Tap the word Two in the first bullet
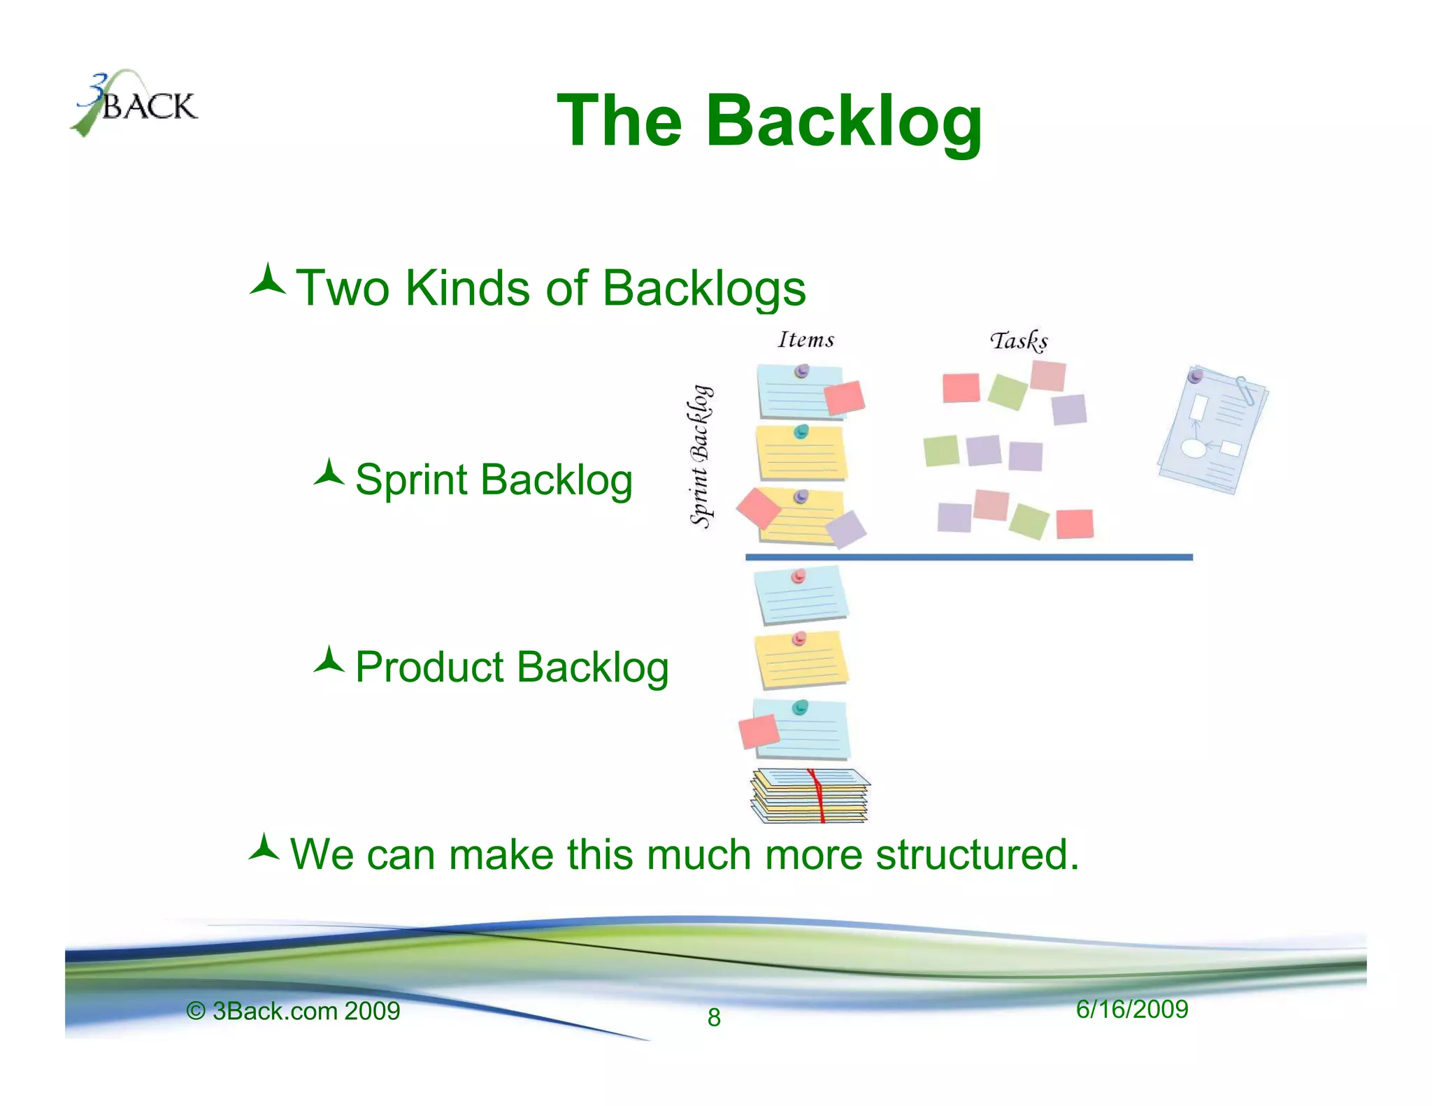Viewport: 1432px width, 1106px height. (342, 288)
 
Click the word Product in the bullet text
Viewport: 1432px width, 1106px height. (429, 667)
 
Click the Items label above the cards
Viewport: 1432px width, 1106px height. (806, 340)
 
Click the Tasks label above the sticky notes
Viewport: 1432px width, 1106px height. (1019, 340)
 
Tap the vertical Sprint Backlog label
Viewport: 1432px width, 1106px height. (701, 456)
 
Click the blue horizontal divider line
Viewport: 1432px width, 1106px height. (968, 557)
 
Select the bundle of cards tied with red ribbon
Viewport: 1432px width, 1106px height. (810, 796)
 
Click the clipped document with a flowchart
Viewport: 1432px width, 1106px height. (1212, 429)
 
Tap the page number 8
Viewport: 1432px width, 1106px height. (713, 1017)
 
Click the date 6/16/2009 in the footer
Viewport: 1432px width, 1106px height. (1131, 1010)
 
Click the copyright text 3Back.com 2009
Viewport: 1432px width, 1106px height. (306, 1011)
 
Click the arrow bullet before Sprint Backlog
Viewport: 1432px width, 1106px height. (329, 473)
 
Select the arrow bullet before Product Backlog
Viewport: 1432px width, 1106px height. (329, 660)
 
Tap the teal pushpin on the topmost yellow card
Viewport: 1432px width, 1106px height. (801, 431)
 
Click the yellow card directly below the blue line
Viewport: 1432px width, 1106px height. (801, 661)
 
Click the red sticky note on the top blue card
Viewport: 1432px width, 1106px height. (845, 398)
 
